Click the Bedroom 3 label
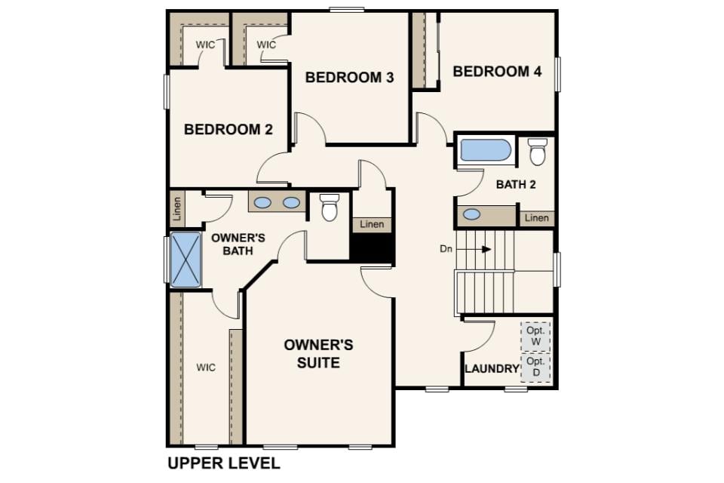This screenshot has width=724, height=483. [x=349, y=77]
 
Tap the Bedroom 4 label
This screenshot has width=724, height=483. [x=497, y=72]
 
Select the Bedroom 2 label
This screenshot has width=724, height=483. [x=228, y=129]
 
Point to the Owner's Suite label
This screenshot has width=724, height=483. [x=318, y=354]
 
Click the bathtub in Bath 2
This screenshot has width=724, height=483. [x=485, y=150]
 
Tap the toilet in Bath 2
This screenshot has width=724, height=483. [x=538, y=151]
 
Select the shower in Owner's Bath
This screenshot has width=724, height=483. [x=186, y=260]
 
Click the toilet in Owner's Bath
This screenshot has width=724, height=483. [x=330, y=208]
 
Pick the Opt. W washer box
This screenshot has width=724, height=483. [x=535, y=337]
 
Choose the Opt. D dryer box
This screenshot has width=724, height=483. [x=535, y=368]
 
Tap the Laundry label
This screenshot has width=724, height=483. [x=492, y=369]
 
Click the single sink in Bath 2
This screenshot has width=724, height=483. [x=471, y=214]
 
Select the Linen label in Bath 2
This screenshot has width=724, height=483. [x=536, y=217]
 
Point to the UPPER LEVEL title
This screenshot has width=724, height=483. [x=224, y=463]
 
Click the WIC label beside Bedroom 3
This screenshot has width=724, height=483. [x=266, y=45]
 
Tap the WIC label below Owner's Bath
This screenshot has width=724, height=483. [x=205, y=368]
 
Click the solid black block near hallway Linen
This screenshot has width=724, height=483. [x=372, y=248]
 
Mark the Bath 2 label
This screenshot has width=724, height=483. [x=516, y=184]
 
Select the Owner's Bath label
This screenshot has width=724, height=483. [x=238, y=245]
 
